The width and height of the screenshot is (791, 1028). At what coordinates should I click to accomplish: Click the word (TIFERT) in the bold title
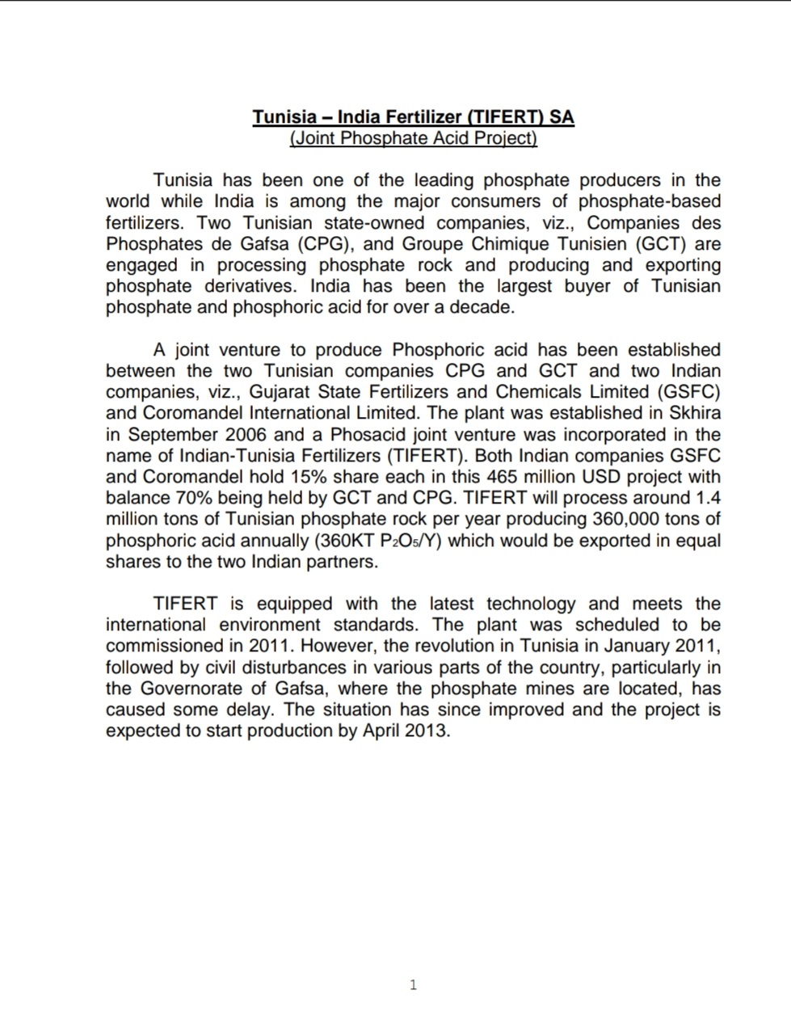click(507, 116)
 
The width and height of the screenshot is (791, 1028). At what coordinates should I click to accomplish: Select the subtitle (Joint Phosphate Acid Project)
click(413, 137)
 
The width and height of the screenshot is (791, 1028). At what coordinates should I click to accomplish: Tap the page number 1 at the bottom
click(414, 984)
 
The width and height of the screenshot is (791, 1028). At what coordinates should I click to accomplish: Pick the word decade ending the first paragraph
click(483, 307)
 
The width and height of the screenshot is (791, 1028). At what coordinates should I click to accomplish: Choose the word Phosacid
click(368, 434)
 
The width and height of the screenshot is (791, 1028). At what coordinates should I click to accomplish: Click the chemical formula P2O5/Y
click(410, 540)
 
